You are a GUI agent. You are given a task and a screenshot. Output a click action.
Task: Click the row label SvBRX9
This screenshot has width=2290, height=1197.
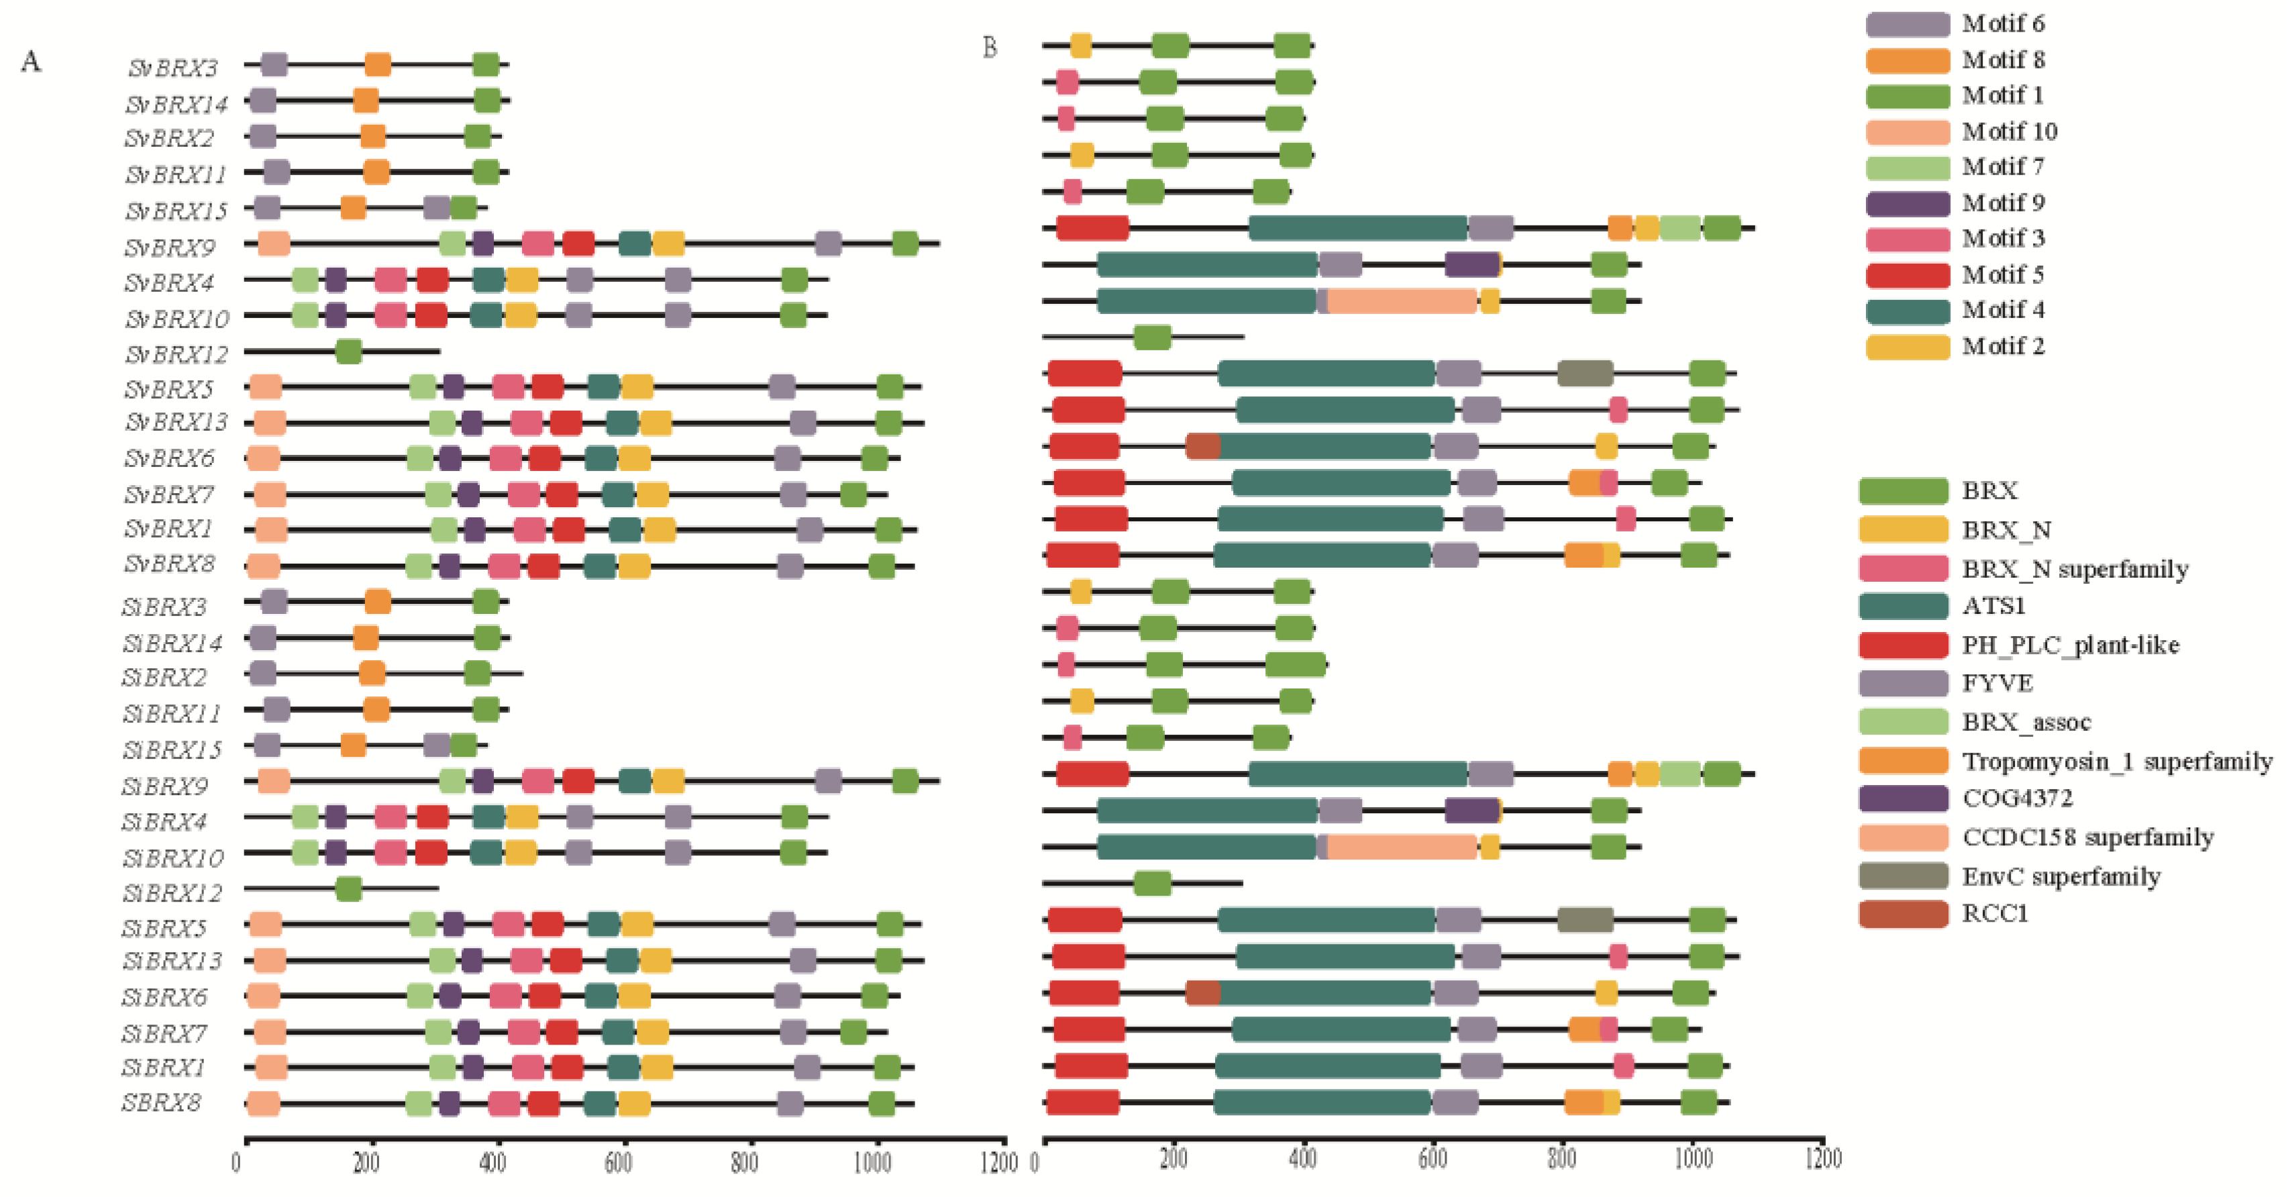(169, 247)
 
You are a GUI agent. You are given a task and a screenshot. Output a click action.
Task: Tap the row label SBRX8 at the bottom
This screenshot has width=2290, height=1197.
(162, 1103)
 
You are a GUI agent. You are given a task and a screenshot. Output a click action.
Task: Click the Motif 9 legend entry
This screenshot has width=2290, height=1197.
(2002, 203)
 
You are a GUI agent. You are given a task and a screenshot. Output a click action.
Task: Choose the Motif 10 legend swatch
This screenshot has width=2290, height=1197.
(1908, 132)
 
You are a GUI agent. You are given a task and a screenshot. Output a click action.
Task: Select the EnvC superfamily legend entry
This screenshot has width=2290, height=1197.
(2061, 876)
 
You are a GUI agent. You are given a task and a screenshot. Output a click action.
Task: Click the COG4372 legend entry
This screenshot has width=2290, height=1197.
(2016, 798)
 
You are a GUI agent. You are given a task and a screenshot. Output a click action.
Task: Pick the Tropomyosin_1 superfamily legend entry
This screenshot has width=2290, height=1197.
(2116, 762)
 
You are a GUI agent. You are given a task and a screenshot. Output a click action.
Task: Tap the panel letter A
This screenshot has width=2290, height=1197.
(30, 61)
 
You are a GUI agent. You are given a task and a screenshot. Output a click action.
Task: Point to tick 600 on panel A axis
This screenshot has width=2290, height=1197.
(619, 1162)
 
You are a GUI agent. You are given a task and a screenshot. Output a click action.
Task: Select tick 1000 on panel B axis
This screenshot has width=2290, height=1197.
(1693, 1159)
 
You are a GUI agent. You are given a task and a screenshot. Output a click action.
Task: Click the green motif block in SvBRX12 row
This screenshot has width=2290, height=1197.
(348, 352)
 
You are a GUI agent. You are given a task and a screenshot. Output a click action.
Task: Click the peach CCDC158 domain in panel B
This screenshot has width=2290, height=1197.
(1402, 301)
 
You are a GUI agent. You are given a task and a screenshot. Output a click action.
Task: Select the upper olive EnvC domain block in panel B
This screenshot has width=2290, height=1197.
(1585, 374)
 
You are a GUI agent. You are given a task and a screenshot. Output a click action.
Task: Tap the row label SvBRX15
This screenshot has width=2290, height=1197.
(176, 211)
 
